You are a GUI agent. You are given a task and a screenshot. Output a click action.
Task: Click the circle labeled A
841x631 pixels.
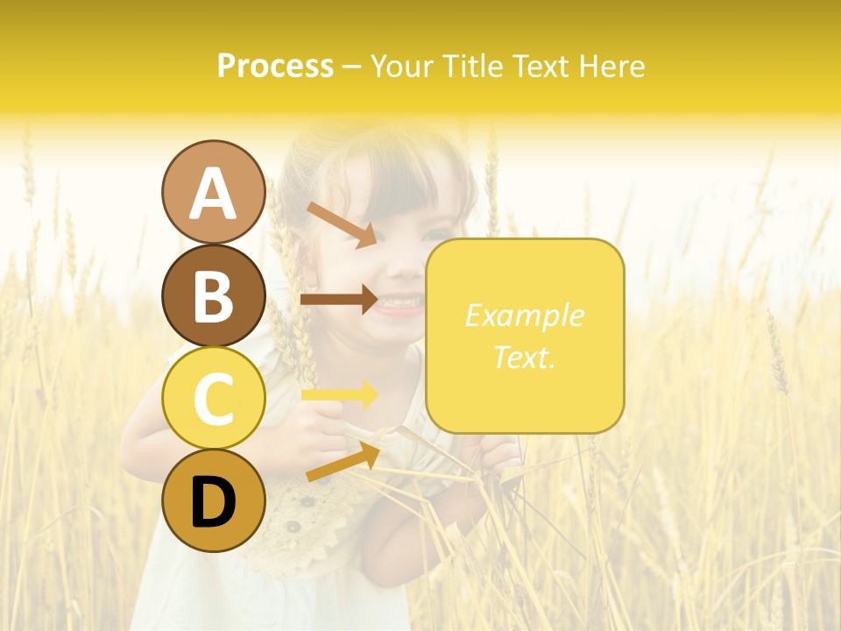coord(213,192)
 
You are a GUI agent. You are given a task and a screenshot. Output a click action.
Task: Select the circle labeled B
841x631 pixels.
coord(213,295)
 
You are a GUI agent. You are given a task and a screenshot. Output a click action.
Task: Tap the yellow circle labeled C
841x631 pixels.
coord(213,399)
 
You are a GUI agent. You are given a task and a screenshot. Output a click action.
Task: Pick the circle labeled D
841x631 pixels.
coord(213,501)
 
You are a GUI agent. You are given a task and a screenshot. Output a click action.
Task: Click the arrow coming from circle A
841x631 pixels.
coord(342,224)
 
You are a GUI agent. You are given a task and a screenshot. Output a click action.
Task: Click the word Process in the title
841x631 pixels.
coord(275,66)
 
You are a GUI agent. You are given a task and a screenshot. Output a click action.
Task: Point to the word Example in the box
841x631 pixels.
coord(524,315)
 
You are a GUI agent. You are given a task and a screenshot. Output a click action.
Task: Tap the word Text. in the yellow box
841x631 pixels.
coord(524,357)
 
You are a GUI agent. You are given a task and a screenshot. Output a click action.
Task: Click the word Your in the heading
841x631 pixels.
coord(402,66)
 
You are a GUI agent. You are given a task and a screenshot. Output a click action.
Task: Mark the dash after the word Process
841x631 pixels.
coord(351,67)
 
